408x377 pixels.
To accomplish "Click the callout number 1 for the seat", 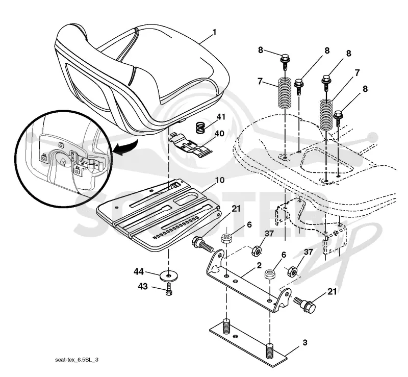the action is point(214,32).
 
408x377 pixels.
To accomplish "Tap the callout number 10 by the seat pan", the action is point(220,180).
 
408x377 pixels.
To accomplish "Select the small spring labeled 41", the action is point(201,127).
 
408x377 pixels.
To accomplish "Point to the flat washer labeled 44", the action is point(169,275).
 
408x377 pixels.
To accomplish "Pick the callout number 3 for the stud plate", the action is point(305,343).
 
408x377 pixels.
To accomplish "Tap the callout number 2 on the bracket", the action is point(259,265).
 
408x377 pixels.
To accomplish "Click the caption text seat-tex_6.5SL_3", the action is point(77,360).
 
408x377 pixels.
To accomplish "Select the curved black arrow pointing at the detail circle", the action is point(126,148).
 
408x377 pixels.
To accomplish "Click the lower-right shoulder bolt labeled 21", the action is point(304,305).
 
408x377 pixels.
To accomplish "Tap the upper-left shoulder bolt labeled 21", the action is point(202,244).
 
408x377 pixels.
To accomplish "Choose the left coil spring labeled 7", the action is point(285,92).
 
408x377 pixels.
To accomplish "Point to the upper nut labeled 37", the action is point(257,250).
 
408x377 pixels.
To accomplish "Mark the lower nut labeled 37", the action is point(292,272).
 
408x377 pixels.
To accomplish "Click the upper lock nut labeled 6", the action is point(226,238).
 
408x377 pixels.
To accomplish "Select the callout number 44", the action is point(139,271).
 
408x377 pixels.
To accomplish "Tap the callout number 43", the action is point(143,286).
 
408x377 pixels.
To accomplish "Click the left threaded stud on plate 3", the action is point(226,327).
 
